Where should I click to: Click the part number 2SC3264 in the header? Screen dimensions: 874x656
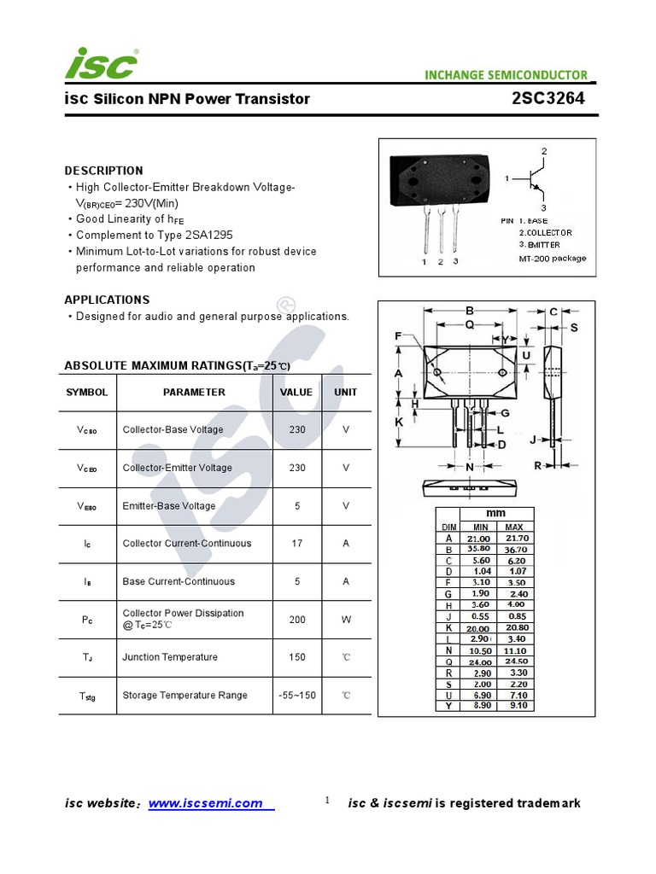(x=548, y=98)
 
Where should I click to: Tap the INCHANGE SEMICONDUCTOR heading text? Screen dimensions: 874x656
(x=506, y=75)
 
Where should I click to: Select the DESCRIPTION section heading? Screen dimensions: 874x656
(x=103, y=171)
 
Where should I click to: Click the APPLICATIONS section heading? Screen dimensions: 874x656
(x=107, y=300)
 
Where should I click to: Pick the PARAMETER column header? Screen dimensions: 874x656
(x=194, y=393)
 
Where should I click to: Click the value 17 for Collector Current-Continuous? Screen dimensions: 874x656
(x=296, y=544)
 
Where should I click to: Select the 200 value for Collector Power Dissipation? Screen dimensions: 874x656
(x=296, y=620)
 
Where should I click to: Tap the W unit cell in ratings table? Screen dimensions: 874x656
(x=346, y=620)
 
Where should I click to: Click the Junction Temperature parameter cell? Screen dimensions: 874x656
(x=170, y=657)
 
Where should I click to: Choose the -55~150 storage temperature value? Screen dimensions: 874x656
(x=296, y=696)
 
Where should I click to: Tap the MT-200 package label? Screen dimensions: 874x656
(x=553, y=259)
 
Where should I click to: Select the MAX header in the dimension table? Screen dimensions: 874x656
(x=514, y=527)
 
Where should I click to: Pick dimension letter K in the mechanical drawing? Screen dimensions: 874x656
(x=398, y=422)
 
